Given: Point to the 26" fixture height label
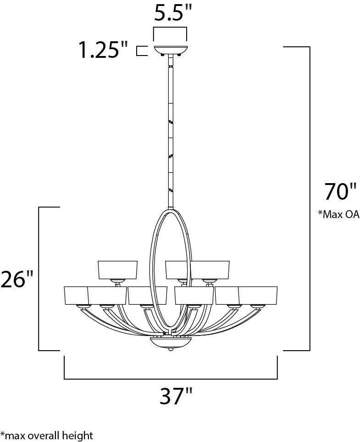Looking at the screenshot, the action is coord(17,280).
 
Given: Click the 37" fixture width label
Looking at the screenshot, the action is coord(177,396).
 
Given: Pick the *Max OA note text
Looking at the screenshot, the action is coord(339,214).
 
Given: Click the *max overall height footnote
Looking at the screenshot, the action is coord(47,435).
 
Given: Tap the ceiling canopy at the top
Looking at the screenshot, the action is coord(170,50).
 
